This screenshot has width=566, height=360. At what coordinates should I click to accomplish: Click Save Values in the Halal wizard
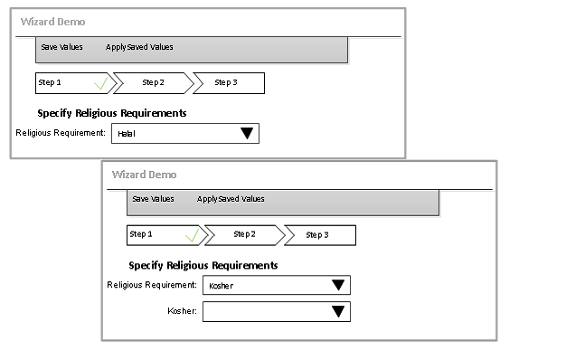[x=61, y=47]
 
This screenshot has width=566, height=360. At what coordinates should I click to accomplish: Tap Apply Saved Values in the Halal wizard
[x=139, y=47]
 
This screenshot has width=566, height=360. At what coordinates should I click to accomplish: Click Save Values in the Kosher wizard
[x=153, y=199]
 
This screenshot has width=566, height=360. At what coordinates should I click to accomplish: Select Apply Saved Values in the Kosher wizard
[x=231, y=199]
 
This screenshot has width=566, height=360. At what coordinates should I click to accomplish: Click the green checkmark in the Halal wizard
[x=101, y=82]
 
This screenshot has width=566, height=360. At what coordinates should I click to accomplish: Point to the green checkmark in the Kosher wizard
[x=193, y=234]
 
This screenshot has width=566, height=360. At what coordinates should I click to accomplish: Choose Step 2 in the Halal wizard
[x=153, y=82]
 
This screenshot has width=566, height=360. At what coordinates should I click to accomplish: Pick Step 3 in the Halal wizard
[x=226, y=82]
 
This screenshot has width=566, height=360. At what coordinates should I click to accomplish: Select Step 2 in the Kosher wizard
[x=244, y=234]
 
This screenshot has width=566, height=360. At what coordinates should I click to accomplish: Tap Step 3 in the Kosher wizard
[x=317, y=234]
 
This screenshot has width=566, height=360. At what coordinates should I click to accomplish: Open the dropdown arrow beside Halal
[x=247, y=133]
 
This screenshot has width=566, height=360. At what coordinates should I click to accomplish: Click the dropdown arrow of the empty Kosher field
[x=338, y=311]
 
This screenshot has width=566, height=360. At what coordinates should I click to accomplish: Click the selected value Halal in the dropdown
[x=127, y=134]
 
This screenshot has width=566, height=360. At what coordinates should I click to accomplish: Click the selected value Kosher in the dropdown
[x=221, y=286]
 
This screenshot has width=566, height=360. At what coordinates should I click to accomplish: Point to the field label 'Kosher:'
[x=183, y=311]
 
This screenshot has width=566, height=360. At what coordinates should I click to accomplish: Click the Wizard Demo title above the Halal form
[x=52, y=22]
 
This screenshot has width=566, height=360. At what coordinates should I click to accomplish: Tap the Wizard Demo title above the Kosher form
[x=144, y=175]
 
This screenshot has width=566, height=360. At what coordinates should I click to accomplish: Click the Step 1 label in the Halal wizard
[x=50, y=82]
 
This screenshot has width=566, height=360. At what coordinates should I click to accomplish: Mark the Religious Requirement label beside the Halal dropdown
[x=61, y=133]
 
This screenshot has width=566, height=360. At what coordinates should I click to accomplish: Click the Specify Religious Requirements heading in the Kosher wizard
[x=203, y=266]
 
